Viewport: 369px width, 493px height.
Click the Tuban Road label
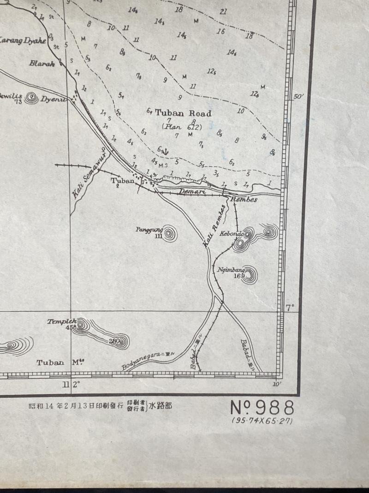(183, 113)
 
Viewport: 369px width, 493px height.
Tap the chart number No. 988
(262, 408)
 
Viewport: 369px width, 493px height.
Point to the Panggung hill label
(147, 229)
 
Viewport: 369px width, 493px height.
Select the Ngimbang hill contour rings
(249, 275)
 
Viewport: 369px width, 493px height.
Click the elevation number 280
(115, 341)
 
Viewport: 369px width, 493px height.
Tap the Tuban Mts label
(57, 363)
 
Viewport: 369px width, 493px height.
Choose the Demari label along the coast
(192, 191)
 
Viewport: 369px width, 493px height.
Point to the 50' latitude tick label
(299, 97)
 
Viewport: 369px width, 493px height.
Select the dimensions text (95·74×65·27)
(262, 421)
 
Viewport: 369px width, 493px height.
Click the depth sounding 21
(223, 12)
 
